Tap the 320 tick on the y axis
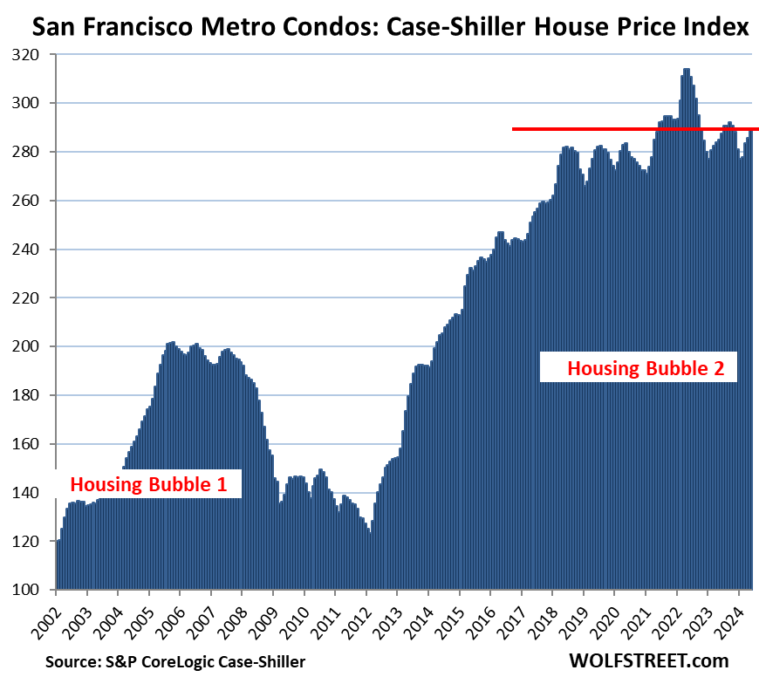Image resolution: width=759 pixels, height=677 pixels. point(34,55)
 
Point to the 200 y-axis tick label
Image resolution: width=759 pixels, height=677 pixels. point(34,347)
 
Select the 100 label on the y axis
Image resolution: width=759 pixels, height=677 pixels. point(34,591)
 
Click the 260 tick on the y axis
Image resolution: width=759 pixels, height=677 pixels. point(34,201)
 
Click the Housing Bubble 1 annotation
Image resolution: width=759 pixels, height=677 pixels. point(148,485)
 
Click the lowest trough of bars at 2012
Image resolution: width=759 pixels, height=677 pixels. point(369,534)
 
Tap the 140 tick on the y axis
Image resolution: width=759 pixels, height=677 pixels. point(34,493)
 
